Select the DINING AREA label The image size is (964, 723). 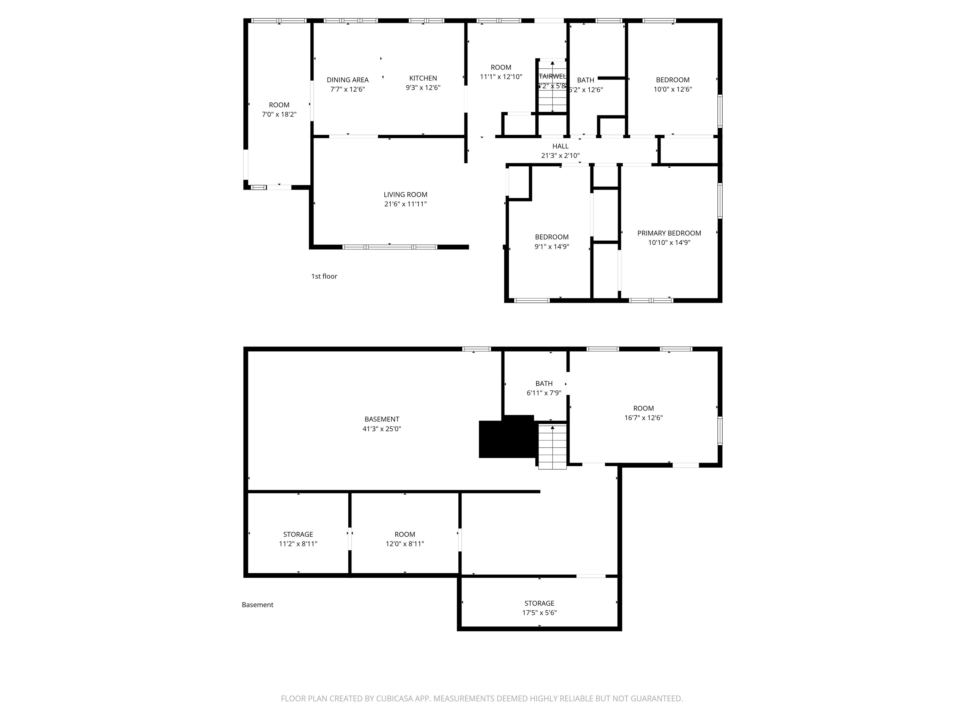coord(347,80)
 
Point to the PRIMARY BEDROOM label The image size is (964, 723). coord(669,233)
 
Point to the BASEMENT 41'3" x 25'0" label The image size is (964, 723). coord(382,424)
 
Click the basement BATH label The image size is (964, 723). coord(544,383)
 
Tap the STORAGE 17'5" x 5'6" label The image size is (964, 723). coord(539,608)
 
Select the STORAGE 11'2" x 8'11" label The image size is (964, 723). coord(298,539)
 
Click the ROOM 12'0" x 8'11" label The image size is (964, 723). coord(404,539)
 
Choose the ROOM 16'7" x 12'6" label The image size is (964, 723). coord(643,413)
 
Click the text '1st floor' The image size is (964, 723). coord(324,276)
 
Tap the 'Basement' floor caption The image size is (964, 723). coord(258,604)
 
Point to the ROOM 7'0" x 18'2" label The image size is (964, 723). coord(279,110)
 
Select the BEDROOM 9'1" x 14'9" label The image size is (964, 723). coord(552,241)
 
